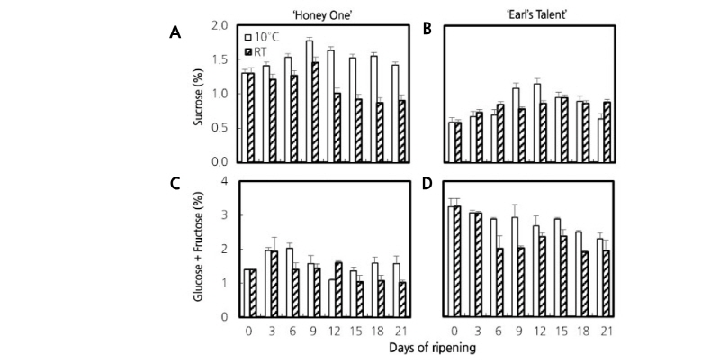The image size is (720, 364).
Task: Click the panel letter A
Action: coord(176,32)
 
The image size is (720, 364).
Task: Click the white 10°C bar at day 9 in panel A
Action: coord(309,102)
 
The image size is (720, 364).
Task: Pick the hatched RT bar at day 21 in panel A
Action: coord(402,131)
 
